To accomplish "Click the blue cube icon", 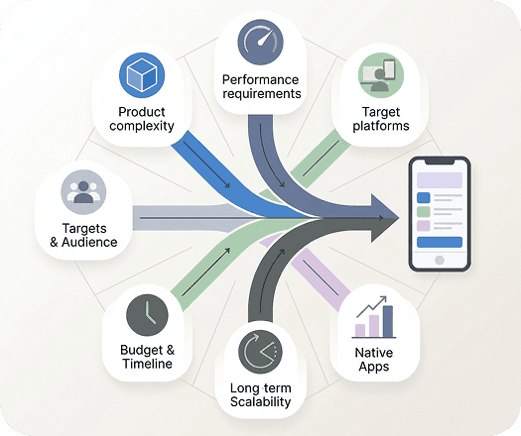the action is [x=142, y=75].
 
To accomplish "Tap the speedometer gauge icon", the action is [x=261, y=42].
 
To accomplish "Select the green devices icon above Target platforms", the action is [x=381, y=75].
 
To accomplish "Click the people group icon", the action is [x=83, y=192].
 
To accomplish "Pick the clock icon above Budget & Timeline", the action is [x=147, y=315].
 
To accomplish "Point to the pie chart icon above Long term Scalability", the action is [x=260, y=352].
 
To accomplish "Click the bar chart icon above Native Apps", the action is [x=374, y=317].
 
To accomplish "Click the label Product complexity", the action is [x=142, y=119].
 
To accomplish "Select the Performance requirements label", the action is [x=262, y=86].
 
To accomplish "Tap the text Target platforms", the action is [x=381, y=119].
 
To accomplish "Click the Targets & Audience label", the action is [x=83, y=235].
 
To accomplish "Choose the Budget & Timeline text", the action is [x=147, y=357].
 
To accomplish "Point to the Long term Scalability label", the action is [x=260, y=394].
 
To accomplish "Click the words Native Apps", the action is [x=374, y=360].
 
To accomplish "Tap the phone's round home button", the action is [x=440, y=261].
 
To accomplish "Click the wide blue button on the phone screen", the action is [x=440, y=242].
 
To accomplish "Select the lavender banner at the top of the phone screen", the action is [x=440, y=179].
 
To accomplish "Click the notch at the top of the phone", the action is [x=440, y=162].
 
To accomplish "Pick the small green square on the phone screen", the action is [x=424, y=211].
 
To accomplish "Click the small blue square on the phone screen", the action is [x=424, y=197].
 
